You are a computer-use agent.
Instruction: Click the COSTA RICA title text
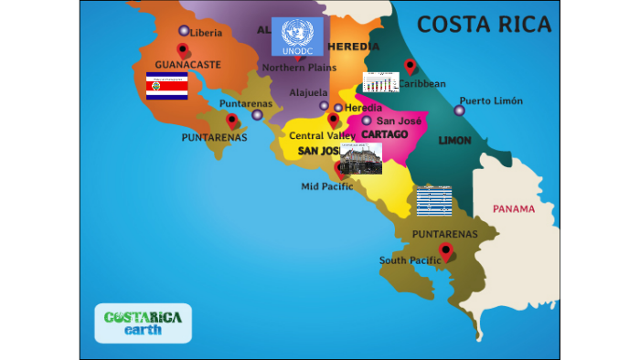pyautogui.click(x=485, y=24)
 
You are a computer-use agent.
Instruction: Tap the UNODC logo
pyautogui.click(x=297, y=37)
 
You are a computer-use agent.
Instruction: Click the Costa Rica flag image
pyautogui.click(x=166, y=86)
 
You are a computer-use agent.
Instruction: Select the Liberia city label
pyautogui.click(x=206, y=33)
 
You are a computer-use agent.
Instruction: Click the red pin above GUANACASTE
pyautogui.click(x=183, y=50)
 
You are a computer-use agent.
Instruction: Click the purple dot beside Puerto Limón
pyautogui.click(x=459, y=111)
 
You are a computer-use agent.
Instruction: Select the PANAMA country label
pyautogui.click(x=513, y=209)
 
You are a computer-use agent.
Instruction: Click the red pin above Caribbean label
pyautogui.click(x=410, y=66)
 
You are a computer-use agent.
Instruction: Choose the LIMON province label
pyautogui.click(x=454, y=141)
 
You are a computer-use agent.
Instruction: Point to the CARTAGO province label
pyautogui.click(x=384, y=134)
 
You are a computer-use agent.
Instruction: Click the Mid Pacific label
pyautogui.click(x=326, y=186)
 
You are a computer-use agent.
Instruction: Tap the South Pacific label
pyautogui.click(x=410, y=260)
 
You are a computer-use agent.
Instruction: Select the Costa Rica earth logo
pyautogui.click(x=143, y=323)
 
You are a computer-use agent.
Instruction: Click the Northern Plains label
pyautogui.click(x=299, y=68)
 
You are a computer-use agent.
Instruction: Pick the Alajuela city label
pyautogui.click(x=308, y=92)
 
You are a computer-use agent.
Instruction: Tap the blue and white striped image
pyautogui.click(x=433, y=200)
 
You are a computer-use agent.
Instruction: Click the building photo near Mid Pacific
pyautogui.click(x=360, y=158)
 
